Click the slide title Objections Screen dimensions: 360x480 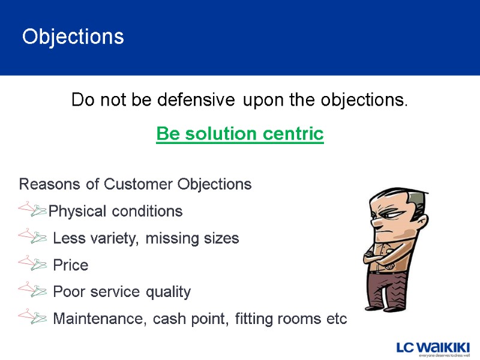click(x=73, y=37)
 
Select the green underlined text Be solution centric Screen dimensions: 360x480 click(x=239, y=134)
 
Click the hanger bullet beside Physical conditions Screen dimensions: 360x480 click(x=33, y=209)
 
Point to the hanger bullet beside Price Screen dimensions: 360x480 click(x=33, y=263)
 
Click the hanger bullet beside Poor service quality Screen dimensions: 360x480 click(x=33, y=290)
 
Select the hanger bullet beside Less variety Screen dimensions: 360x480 click(x=33, y=236)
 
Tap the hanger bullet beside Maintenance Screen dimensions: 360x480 click(x=33, y=317)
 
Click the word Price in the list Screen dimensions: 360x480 click(x=70, y=265)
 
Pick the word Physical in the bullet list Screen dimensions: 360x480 click(x=75, y=211)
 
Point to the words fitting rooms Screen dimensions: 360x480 click(x=276, y=319)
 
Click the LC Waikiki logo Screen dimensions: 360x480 click(x=433, y=349)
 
